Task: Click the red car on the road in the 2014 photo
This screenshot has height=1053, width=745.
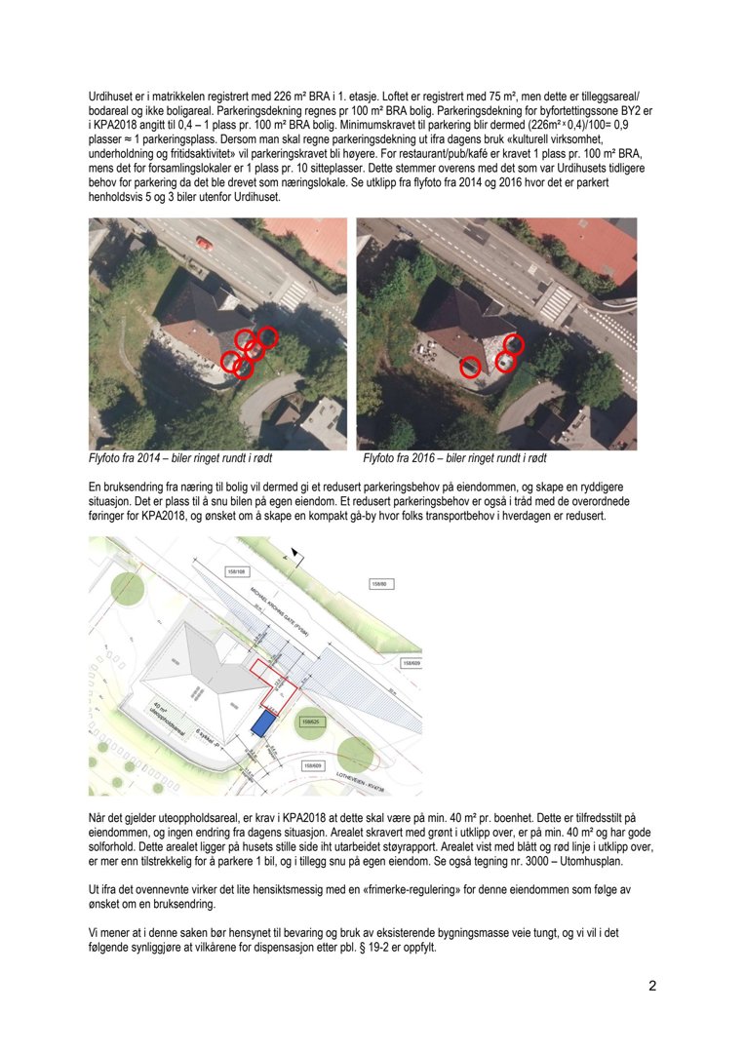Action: coord(204,242)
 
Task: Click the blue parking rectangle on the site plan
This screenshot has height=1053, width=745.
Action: coord(260,722)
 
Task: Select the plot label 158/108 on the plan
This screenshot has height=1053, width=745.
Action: coord(235,572)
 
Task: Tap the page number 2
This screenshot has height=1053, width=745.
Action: coord(652,986)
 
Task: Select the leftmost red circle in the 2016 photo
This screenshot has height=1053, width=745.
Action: coord(470,367)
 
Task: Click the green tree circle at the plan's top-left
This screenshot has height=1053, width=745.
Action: coord(125,587)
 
